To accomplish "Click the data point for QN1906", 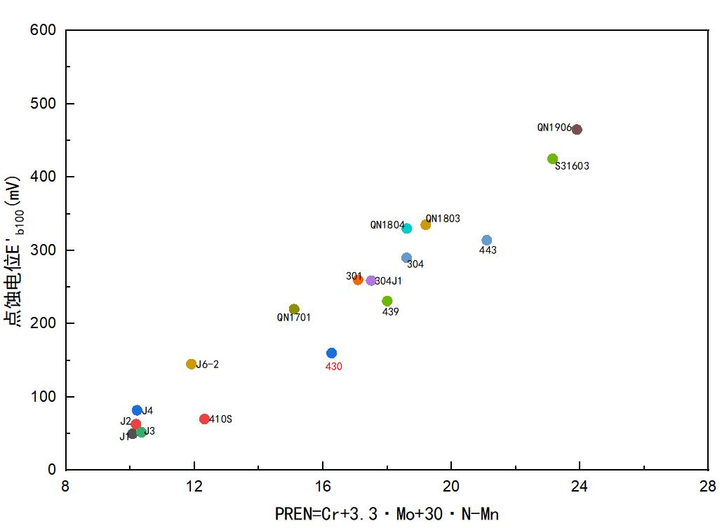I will point(577,130).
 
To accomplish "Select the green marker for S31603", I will point(552,159).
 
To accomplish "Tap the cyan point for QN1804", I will point(407,229).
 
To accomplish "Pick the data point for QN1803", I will point(425,225).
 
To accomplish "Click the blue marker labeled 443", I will point(487,241).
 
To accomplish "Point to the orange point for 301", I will point(358,280).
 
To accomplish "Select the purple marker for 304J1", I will point(371,281).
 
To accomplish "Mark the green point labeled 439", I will point(387,302).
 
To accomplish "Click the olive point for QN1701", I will point(294,309).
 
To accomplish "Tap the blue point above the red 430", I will point(332,353).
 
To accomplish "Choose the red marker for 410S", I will point(204,419).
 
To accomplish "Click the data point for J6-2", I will point(192,365).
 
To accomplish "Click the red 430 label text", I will point(333,367).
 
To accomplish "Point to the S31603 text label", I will point(572,167).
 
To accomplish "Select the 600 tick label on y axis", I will point(44,31).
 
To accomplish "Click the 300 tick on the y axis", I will point(44,250).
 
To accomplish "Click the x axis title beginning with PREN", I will point(387,514).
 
